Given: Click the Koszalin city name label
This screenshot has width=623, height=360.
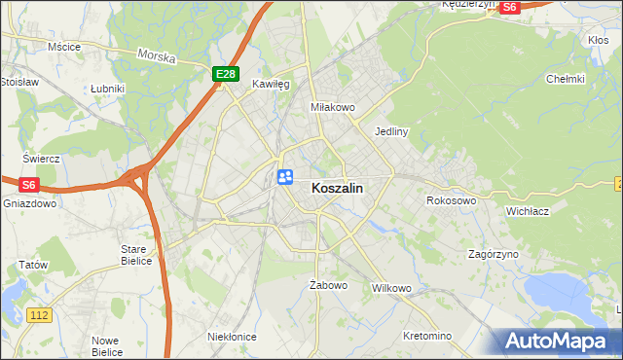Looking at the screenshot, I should click(x=338, y=190).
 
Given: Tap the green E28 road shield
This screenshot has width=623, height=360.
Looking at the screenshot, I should click(x=225, y=74).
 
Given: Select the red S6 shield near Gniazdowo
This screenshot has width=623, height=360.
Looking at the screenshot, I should click(x=28, y=184).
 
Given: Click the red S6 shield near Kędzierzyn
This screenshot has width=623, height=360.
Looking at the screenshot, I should click(x=510, y=7).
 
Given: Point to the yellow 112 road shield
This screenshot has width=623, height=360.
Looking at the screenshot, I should click(x=39, y=315).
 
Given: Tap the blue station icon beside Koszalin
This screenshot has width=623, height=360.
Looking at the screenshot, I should click(x=285, y=176).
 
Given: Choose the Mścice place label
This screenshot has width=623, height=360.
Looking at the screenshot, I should click(x=63, y=46).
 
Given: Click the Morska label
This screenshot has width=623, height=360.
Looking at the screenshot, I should click(x=156, y=56).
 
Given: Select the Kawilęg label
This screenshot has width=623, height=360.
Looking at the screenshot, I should click(x=272, y=85).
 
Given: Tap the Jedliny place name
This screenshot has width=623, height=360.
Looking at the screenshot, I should click(x=390, y=130).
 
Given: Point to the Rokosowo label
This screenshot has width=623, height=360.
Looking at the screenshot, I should click(x=451, y=200).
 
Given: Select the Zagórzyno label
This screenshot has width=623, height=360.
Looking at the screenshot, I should click(x=493, y=253).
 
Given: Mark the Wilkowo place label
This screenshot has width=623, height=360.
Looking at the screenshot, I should click(x=392, y=289).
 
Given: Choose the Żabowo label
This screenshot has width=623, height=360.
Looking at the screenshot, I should click(x=328, y=286).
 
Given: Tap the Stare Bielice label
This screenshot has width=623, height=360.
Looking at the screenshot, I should click(x=135, y=255).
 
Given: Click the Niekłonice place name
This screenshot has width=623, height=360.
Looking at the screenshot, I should click(x=232, y=337).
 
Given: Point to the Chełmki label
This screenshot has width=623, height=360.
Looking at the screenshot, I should click(x=565, y=79).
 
